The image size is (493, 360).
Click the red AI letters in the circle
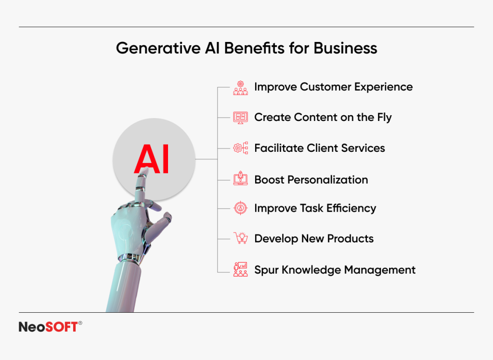coord(152,160)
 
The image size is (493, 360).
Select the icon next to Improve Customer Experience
coord(240,88)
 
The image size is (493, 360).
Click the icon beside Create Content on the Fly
coord(240,118)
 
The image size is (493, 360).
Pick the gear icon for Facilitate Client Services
coord(240,148)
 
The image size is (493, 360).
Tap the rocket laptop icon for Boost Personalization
coord(240,179)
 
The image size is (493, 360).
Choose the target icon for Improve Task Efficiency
coord(240,208)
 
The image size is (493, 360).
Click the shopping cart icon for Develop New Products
coord(240,238)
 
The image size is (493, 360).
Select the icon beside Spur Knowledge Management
coord(240,269)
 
